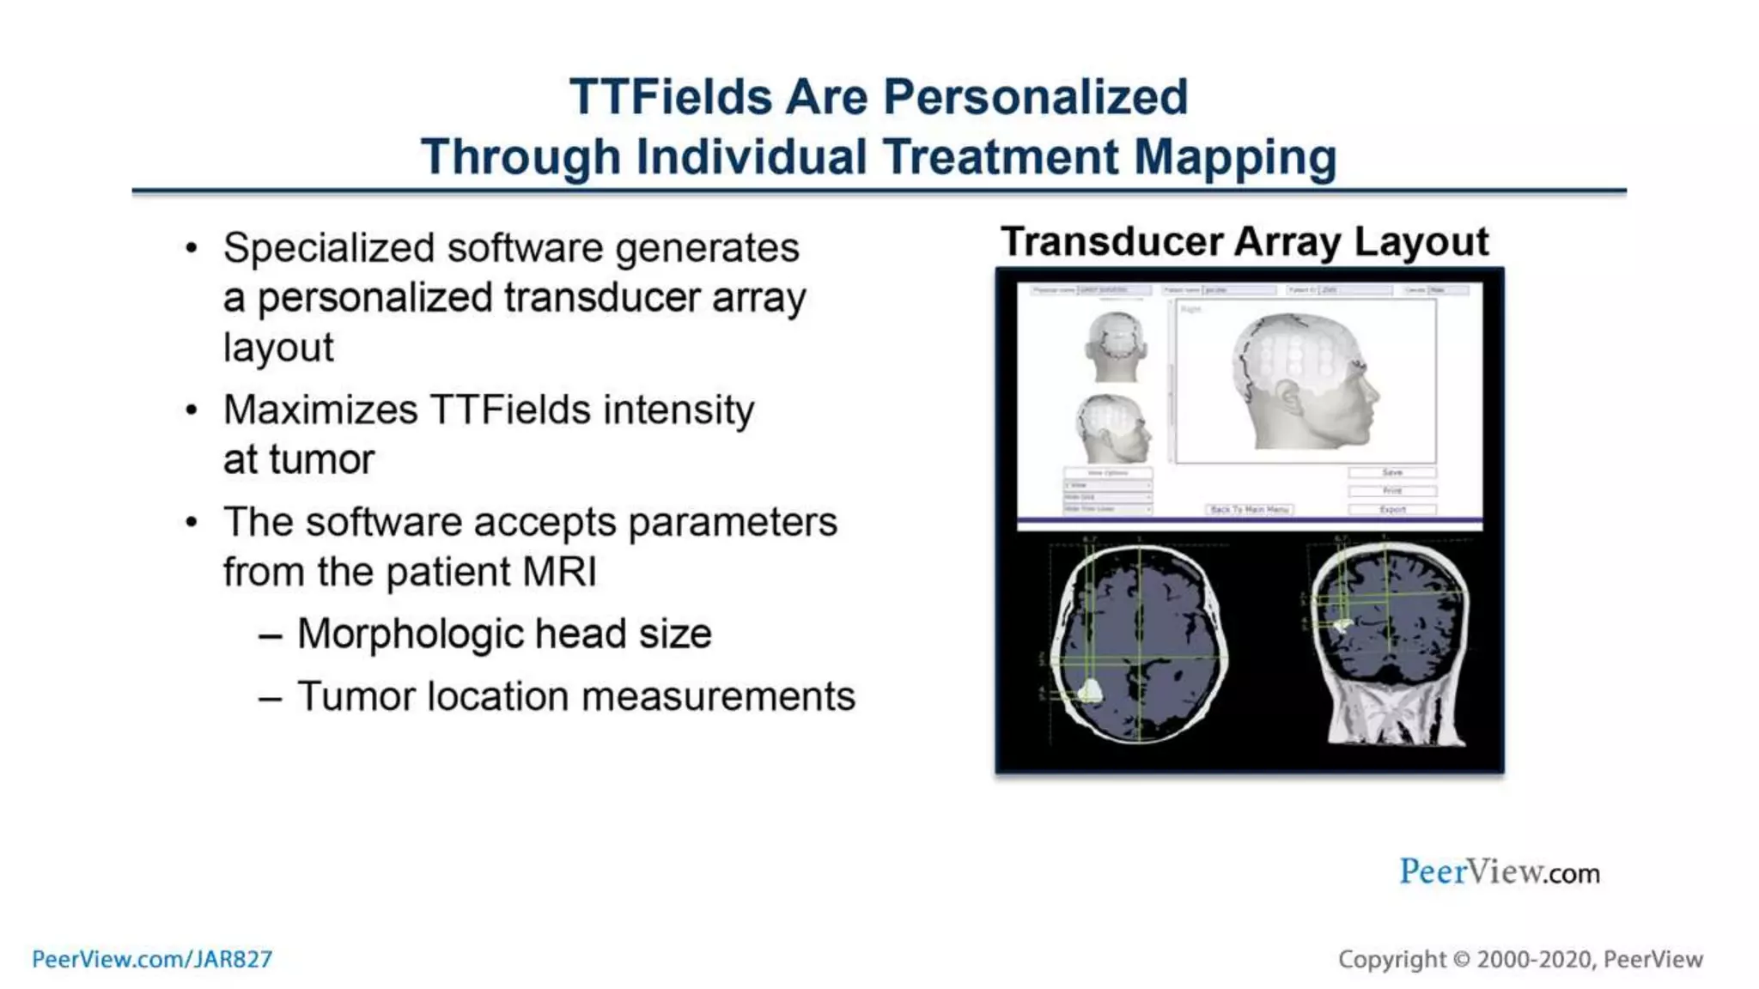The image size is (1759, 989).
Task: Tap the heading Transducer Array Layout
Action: [x=1244, y=241]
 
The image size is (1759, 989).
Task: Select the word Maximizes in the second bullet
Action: [x=320, y=410]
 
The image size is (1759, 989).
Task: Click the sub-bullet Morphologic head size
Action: [x=504, y=634]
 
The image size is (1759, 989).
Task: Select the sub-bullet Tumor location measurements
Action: [x=575, y=696]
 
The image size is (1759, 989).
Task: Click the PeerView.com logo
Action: [x=1499, y=872]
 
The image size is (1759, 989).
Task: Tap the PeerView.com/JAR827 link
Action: [x=152, y=959]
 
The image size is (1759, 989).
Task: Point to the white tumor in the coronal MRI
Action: [x=1342, y=624]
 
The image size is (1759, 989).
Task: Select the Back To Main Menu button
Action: [x=1249, y=510]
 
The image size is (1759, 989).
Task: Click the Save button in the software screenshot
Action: [x=1391, y=473]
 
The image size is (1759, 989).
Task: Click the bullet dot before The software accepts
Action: [x=192, y=523]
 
